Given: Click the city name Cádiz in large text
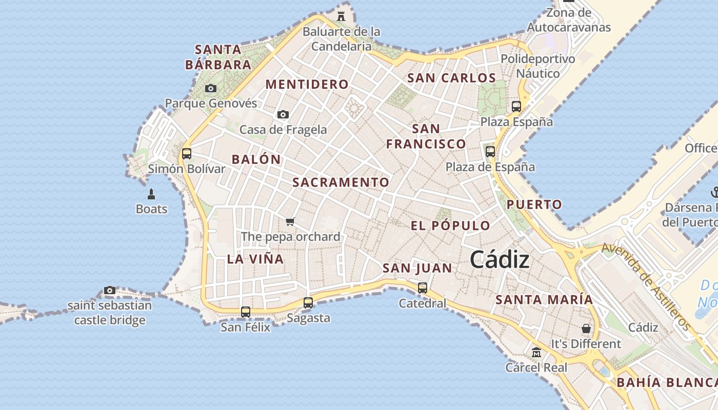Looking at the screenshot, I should tap(500, 259).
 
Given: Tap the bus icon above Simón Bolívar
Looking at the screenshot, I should tap(187, 153).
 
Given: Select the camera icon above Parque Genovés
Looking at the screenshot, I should tap(210, 88).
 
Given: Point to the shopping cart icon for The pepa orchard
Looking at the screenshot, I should tap(290, 221).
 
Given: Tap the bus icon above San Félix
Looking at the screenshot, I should tap(246, 312).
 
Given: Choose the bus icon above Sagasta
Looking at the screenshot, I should tap(308, 303).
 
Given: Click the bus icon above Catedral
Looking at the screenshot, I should tap(422, 288).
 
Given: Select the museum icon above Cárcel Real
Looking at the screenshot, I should tap(536, 353).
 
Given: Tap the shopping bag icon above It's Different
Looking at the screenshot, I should tap(586, 328).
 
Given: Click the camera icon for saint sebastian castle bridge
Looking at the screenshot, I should tap(109, 291).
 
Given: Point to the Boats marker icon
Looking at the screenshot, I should tap(151, 194).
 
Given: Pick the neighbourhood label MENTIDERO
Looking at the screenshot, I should tap(307, 85).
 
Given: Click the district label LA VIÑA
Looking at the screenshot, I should tap(255, 259).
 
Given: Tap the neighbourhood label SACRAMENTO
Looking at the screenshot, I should tap(341, 182).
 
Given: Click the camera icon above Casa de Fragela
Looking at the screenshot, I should tap(283, 114).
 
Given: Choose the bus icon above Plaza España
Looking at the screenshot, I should tap(516, 107).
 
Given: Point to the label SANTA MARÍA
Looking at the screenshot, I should tap(544, 299).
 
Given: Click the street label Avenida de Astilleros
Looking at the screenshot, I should tap(646, 286).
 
